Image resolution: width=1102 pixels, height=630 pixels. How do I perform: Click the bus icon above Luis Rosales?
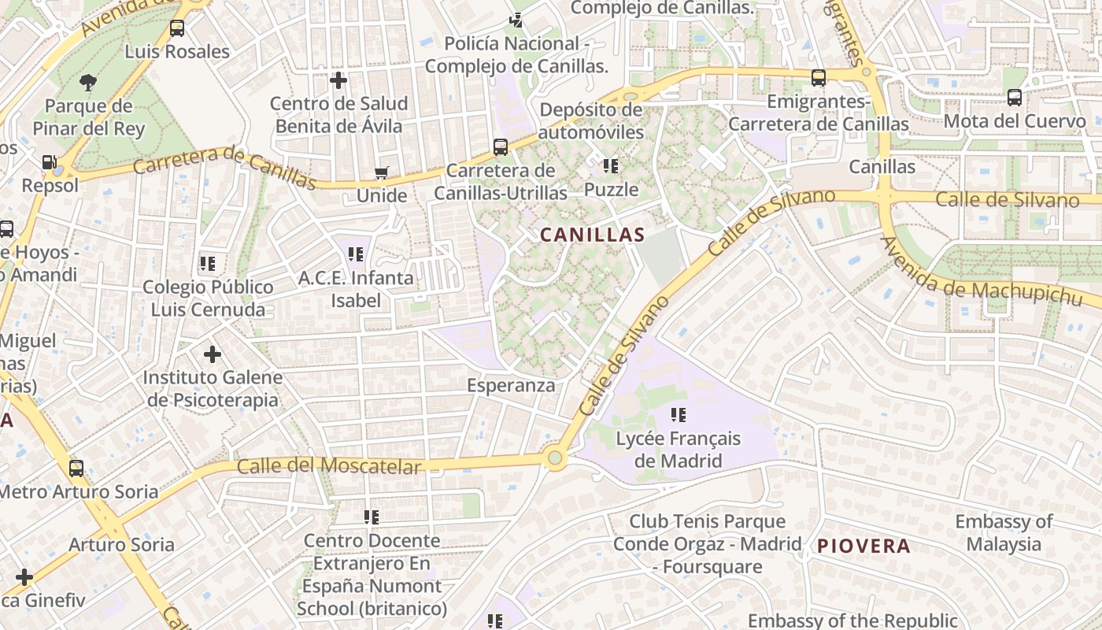[x=177, y=29]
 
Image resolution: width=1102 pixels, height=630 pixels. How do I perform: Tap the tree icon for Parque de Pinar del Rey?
[x=88, y=82]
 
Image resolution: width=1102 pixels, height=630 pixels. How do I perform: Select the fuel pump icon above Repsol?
[x=50, y=163]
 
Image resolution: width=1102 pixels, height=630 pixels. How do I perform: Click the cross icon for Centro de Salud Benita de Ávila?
[x=338, y=80]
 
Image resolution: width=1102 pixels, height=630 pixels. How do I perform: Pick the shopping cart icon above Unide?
[x=382, y=173]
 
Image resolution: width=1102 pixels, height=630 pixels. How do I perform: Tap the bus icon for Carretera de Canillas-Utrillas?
[x=501, y=147]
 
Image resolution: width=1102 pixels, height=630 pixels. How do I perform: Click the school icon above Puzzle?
[x=611, y=166]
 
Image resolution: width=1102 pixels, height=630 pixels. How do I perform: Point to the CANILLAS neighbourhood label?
[x=592, y=235]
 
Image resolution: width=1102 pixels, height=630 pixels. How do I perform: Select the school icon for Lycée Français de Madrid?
[x=678, y=415]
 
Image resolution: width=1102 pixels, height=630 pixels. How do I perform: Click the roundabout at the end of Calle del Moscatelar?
[x=556, y=458]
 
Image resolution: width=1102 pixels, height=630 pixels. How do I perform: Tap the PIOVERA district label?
[x=863, y=546]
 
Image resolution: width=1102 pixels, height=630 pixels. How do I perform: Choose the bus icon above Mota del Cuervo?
[x=1015, y=98]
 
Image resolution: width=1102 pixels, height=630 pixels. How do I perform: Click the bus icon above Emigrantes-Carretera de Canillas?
[x=819, y=78]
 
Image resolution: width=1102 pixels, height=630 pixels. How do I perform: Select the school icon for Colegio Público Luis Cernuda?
[x=208, y=264]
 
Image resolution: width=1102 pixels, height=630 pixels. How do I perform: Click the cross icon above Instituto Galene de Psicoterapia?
[x=213, y=354]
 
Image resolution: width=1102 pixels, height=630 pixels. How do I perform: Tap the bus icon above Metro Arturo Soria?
[x=76, y=469]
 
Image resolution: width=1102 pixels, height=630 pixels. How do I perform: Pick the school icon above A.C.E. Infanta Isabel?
[x=356, y=254]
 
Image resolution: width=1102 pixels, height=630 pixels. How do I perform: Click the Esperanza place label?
[x=511, y=386]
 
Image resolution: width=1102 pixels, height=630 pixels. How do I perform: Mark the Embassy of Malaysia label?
[x=1004, y=533]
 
